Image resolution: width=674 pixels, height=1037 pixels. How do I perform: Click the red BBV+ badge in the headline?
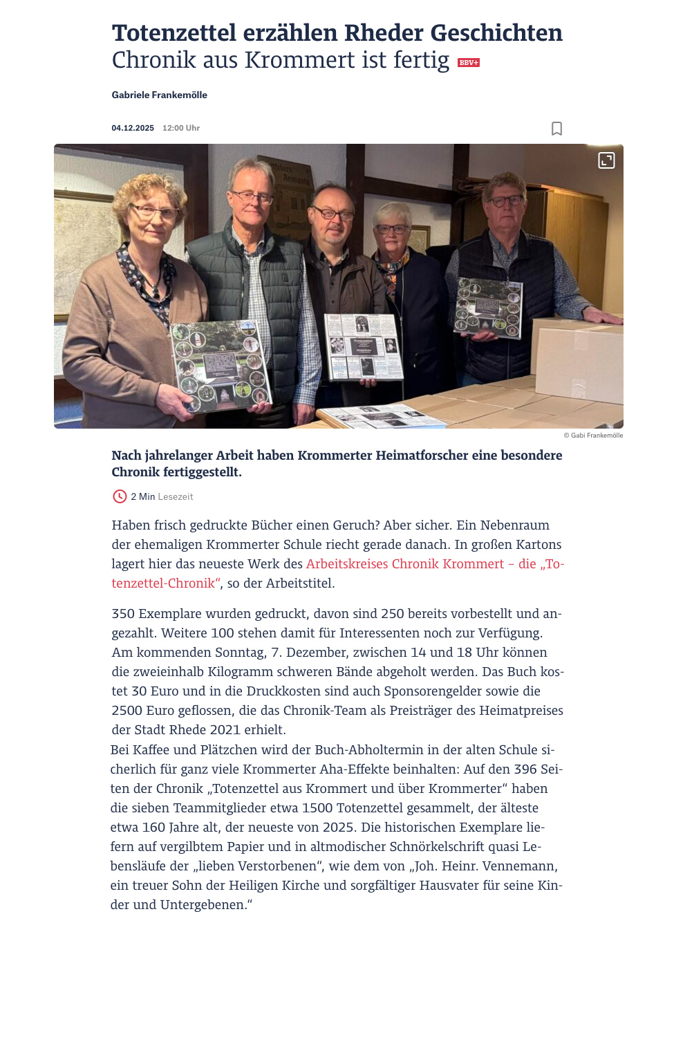coord(469,63)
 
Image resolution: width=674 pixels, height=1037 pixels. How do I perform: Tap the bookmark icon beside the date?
coord(556,129)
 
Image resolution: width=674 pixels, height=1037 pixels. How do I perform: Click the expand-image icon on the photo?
coord(606,160)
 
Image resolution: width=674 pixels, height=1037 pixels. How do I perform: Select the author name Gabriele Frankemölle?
coord(160,95)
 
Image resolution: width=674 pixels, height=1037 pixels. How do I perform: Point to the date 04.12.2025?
coord(133,129)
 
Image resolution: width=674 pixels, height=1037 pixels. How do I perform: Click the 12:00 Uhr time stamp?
coord(181,129)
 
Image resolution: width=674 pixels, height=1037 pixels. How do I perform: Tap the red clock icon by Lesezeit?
coord(120,496)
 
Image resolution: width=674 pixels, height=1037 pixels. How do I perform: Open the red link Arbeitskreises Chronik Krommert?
coord(405,564)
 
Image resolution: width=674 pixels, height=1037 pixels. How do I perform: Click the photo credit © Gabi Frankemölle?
coord(593,436)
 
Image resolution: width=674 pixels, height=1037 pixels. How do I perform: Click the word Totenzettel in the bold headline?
coord(183,33)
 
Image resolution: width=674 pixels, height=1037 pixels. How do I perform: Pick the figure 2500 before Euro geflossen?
coord(127,711)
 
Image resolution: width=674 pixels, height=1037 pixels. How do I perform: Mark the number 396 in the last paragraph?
coord(525,769)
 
